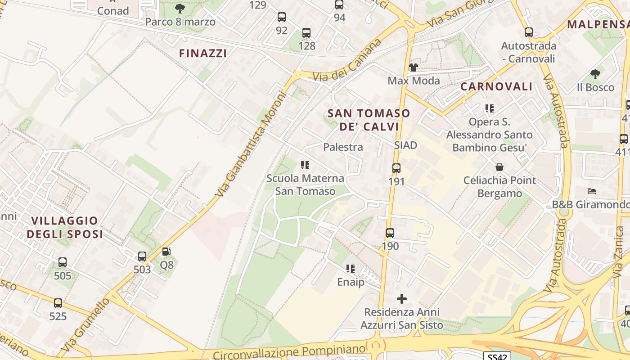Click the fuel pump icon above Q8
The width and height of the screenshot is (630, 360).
[x=166, y=252]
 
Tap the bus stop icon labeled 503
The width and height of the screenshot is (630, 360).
[x=142, y=256]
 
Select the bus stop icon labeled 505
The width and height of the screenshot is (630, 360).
[x=63, y=262]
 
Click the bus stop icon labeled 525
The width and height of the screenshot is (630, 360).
[x=58, y=303]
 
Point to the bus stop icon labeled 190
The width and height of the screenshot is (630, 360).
[x=390, y=233]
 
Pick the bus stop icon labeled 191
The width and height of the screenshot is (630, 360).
[x=396, y=168]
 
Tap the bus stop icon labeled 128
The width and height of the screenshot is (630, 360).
[x=306, y=33]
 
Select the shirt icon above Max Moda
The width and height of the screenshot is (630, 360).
[x=413, y=67]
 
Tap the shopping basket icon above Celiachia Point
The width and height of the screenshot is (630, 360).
[x=499, y=167]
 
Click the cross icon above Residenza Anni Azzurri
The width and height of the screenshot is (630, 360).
[x=402, y=299]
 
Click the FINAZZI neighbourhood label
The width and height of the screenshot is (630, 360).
[x=203, y=53]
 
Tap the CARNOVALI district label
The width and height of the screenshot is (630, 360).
[x=496, y=86]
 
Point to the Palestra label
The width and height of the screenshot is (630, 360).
[x=343, y=147]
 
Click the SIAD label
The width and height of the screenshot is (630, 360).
[x=405, y=145]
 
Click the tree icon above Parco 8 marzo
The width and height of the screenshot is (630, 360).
[x=180, y=9]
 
